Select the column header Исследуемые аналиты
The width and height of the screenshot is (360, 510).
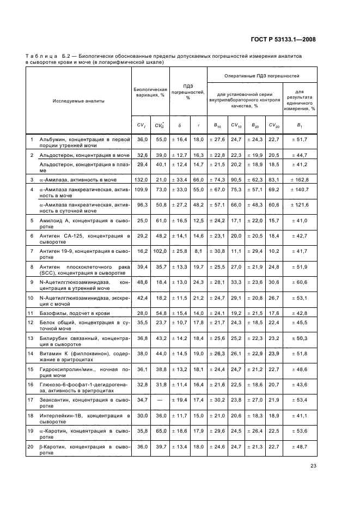(78, 101)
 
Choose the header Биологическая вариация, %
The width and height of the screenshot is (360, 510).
(150, 90)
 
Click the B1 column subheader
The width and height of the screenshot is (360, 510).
(299, 125)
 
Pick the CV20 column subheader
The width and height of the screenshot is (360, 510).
(273, 125)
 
